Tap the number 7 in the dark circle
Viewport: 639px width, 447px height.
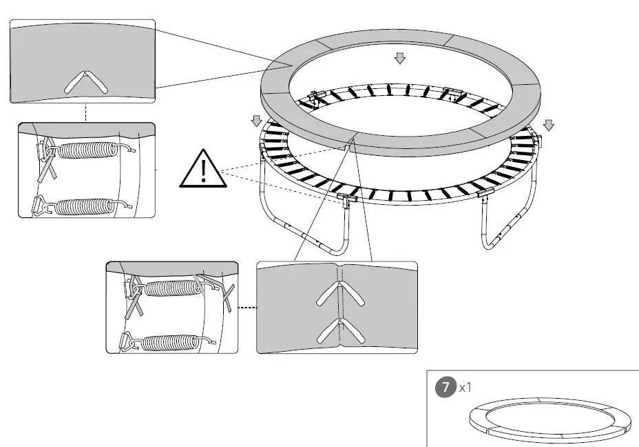coord(446,387)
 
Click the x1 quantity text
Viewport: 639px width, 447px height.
coord(465,387)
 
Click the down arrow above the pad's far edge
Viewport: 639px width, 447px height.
coord(400,59)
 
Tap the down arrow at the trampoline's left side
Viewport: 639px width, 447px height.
coord(256,121)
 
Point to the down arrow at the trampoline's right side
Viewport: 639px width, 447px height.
coord(548,124)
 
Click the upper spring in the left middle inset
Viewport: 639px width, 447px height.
coord(86,150)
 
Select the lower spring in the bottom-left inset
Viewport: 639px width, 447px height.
coord(169,340)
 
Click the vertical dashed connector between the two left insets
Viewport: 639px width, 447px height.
coord(86,112)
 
